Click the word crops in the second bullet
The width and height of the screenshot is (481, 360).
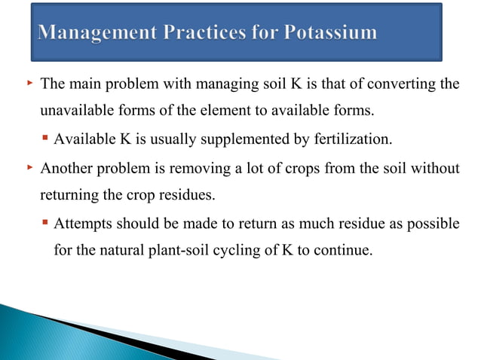(306, 167)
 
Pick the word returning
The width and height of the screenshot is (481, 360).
(68, 194)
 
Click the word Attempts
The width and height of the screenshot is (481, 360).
(85, 223)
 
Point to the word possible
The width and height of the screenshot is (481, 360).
(433, 223)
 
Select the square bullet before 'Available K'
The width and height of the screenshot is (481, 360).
(46, 139)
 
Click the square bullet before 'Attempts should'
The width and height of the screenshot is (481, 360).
(46, 223)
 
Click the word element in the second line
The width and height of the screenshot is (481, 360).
(226, 111)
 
